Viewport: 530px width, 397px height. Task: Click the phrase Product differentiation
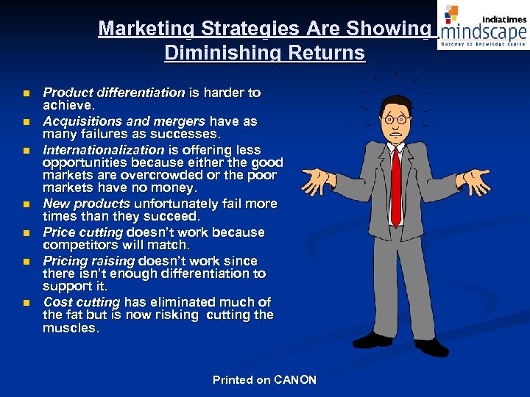(113, 93)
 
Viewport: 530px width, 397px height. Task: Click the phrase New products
(86, 204)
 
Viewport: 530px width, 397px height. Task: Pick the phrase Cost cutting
(81, 302)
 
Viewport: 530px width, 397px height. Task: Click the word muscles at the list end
(71, 329)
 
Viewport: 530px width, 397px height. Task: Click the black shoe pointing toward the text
(372, 340)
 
